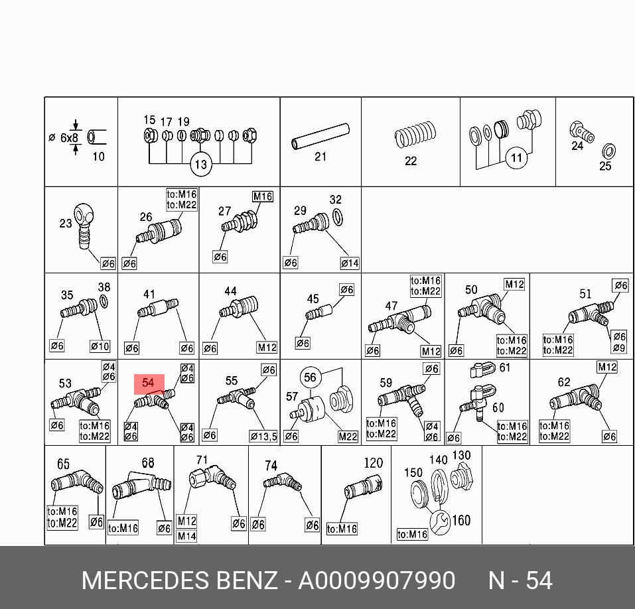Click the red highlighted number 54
click(x=149, y=383)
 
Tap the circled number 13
click(x=200, y=165)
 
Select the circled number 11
click(x=517, y=158)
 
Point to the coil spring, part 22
click(x=414, y=137)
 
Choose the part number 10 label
click(x=98, y=157)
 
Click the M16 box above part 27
click(x=263, y=196)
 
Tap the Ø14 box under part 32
click(x=350, y=263)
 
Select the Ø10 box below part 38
click(x=100, y=346)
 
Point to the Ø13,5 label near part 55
click(x=263, y=436)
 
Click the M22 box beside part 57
click(x=348, y=436)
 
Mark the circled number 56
click(x=311, y=377)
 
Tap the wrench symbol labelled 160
click(x=439, y=523)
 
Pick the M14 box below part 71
click(x=186, y=536)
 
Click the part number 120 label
click(x=374, y=462)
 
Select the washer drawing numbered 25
click(x=606, y=150)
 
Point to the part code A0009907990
click(x=377, y=581)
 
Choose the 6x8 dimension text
click(x=69, y=137)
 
